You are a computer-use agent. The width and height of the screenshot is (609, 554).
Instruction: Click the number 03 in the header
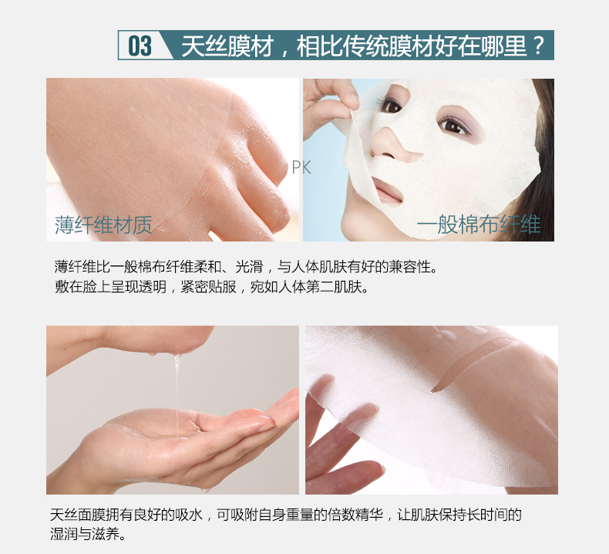coord(140,46)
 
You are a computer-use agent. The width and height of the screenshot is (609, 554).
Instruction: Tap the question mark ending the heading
coord(538,46)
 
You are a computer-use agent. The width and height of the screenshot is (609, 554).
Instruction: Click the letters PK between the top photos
coord(301,167)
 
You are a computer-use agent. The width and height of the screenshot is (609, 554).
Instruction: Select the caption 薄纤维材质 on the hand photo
coord(103,225)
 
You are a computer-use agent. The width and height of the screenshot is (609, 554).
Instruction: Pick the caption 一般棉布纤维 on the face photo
coord(479,225)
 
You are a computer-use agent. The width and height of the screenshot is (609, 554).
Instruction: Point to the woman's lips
coord(387,191)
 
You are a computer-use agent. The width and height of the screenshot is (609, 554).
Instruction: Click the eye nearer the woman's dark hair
coord(454,125)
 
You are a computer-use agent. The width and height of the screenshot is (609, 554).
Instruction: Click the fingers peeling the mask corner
coord(330,106)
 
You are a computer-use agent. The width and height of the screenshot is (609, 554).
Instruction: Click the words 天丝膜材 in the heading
coord(227,46)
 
